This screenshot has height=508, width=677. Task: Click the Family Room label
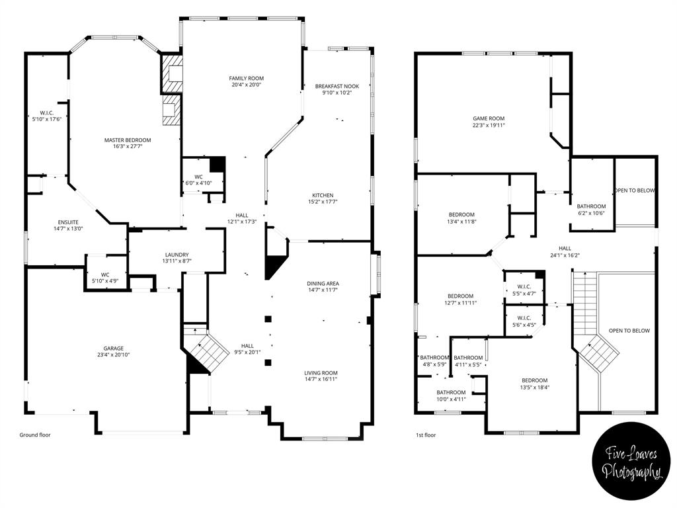(x=246, y=79)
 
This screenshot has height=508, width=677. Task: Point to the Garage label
(x=113, y=349)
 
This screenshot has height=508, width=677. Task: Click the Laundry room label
(x=177, y=255)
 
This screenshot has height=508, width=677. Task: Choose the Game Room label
(x=489, y=118)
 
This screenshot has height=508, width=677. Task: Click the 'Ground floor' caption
(x=34, y=435)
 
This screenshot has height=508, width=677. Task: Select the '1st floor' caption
(x=426, y=435)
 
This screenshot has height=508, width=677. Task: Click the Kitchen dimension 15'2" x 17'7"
(x=323, y=203)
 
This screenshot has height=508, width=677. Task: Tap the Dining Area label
(x=323, y=283)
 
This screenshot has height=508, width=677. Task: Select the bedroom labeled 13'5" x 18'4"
(x=534, y=384)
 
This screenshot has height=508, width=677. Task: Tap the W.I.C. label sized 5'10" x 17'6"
(x=47, y=116)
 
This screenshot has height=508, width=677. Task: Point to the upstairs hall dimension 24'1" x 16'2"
(x=565, y=255)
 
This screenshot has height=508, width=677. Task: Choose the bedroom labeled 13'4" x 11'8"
(x=461, y=218)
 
